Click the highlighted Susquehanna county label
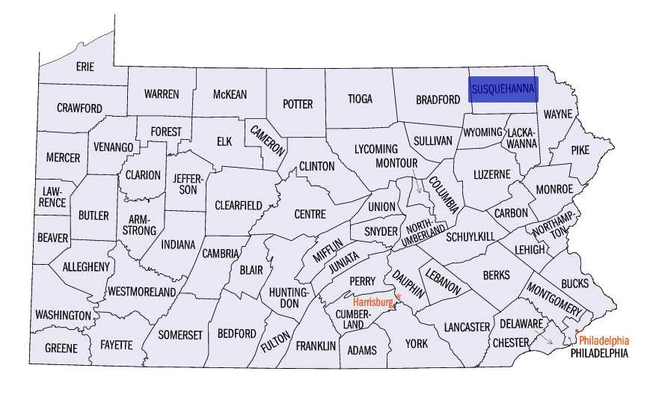point(503,88)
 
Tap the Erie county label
point(85,67)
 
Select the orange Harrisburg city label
point(372,302)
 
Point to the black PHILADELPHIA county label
point(598,352)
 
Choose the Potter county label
point(297,105)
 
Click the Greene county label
point(61,349)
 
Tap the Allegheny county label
point(86,266)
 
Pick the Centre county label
point(310,215)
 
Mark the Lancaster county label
point(466,327)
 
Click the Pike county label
point(580,150)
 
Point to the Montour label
point(396,163)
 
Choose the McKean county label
point(229,94)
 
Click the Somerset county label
point(180,335)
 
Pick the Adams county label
point(363,350)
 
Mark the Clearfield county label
point(238,205)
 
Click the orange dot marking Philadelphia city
point(577,331)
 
